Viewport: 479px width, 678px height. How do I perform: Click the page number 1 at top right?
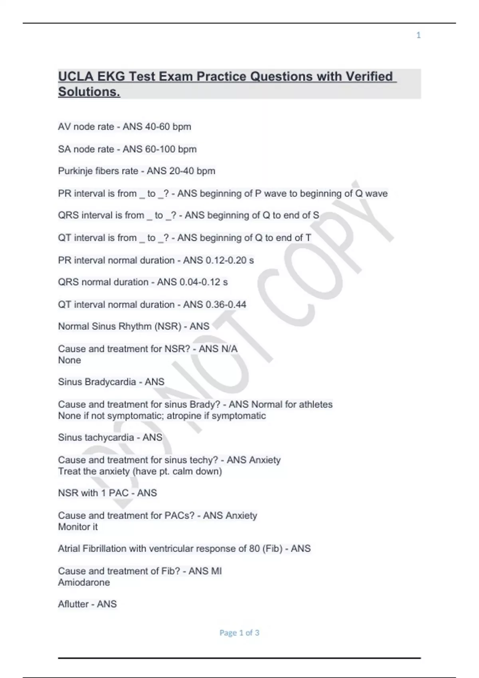pyautogui.click(x=418, y=35)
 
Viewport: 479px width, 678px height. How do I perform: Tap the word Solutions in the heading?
pyautogui.click(x=89, y=92)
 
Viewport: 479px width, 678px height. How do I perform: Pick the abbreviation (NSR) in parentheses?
pyautogui.click(x=169, y=326)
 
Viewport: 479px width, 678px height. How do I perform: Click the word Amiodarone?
pyautogui.click(x=84, y=582)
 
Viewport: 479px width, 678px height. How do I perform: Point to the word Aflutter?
pyautogui.click(x=73, y=604)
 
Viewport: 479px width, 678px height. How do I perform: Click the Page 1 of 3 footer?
pyautogui.click(x=239, y=633)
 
